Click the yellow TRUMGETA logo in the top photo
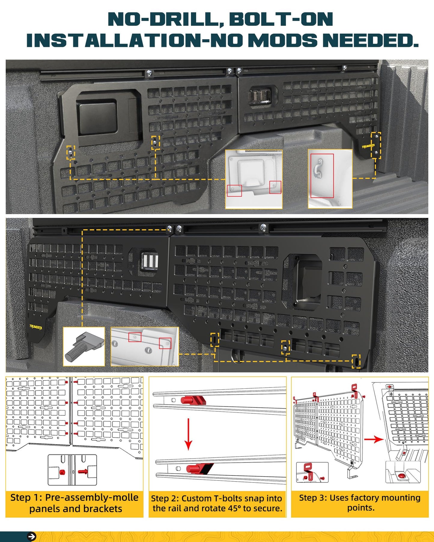(x=368, y=146)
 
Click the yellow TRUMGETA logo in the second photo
(x=36, y=327)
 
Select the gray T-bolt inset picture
(x=84, y=347)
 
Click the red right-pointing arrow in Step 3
(x=374, y=440)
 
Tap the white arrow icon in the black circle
(x=32, y=536)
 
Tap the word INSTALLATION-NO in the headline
(x=134, y=40)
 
